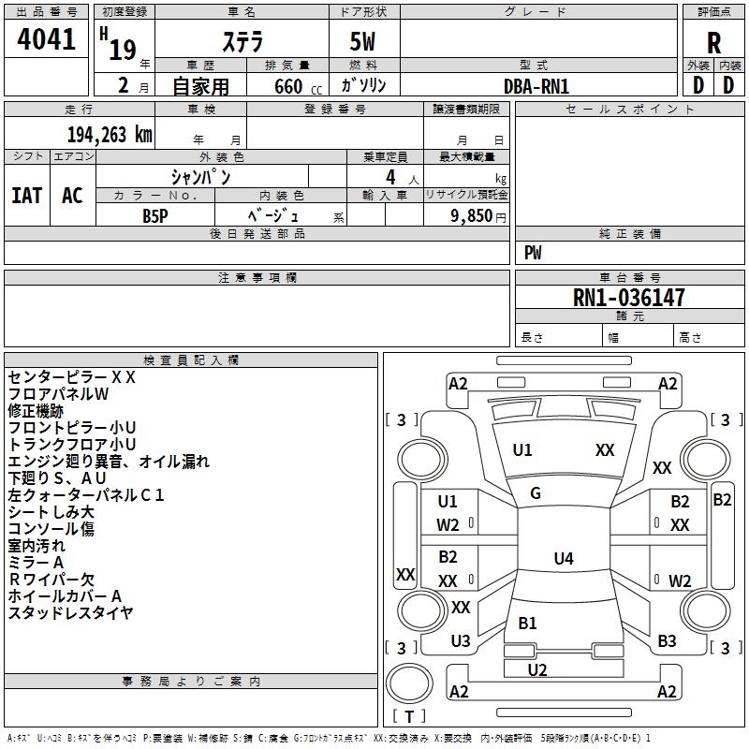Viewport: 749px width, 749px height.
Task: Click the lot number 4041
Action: click(x=47, y=40)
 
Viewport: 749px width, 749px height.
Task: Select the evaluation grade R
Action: click(x=713, y=43)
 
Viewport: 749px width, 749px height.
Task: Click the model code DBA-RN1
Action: click(x=536, y=86)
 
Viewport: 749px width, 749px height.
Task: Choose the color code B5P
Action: click(x=155, y=215)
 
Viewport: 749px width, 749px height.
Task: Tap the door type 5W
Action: click(x=363, y=43)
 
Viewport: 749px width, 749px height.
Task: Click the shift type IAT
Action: click(x=26, y=195)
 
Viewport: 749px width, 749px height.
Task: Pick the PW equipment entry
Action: click(x=533, y=253)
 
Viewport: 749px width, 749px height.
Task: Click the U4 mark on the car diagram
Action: click(x=563, y=559)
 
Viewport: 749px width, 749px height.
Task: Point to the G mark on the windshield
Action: click(x=536, y=493)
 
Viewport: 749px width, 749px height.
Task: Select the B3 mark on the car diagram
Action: click(x=667, y=641)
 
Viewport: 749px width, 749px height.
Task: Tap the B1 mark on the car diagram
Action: click(x=527, y=624)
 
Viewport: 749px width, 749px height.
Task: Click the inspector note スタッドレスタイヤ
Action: click(x=70, y=613)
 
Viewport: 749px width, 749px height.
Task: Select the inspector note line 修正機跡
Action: click(x=36, y=411)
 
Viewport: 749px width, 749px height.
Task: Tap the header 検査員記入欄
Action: click(x=191, y=360)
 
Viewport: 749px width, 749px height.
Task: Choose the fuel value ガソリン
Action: click(x=363, y=86)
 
